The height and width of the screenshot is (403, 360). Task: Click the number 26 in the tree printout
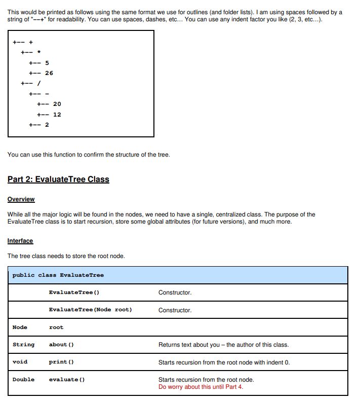49,73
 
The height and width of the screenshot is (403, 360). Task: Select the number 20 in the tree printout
57,104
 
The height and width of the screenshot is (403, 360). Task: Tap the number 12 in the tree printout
57,115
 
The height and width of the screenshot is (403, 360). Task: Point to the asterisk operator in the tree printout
38,53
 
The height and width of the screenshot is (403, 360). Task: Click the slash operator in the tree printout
38,83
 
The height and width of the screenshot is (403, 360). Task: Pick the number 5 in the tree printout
47,63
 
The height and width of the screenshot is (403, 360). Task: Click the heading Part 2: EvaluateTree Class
58,179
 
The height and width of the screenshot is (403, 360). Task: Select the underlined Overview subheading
21,199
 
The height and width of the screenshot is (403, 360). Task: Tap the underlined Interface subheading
20,241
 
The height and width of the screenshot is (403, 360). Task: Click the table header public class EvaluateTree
58,275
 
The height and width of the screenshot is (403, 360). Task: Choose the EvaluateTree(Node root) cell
90,310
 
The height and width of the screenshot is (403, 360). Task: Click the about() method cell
61,345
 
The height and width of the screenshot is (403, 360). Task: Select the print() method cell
61,362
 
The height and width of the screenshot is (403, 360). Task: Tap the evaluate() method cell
63,379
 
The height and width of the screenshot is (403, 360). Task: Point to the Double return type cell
23,379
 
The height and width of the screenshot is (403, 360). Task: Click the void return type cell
20,362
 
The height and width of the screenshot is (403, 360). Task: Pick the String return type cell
23,345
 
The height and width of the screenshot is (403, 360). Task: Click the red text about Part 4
201,387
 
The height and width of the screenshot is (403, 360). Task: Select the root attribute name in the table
56,327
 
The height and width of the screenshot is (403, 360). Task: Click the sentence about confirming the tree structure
89,155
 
